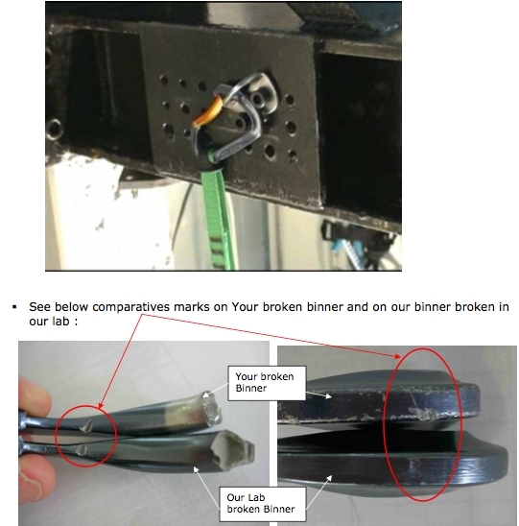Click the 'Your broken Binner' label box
(x=267, y=383)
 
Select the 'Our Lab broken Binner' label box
(x=262, y=504)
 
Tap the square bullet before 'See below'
(x=14, y=306)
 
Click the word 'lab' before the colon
(x=60, y=322)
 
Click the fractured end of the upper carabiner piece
(x=212, y=408)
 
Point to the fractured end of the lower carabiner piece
(x=232, y=449)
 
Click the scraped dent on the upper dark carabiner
(x=423, y=414)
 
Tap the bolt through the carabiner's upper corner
(x=257, y=99)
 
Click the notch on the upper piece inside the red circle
(x=87, y=426)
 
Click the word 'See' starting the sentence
(x=40, y=307)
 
